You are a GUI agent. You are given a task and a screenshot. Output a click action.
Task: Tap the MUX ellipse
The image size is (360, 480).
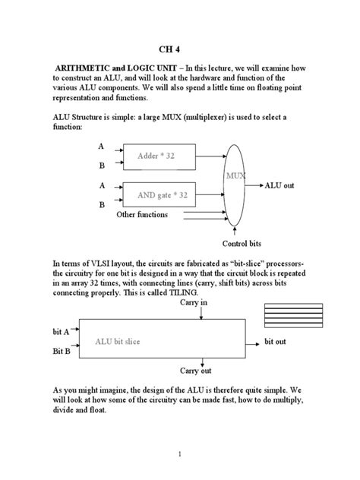(x=236, y=178)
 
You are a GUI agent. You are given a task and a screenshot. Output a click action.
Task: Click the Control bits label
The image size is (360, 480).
(x=242, y=243)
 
